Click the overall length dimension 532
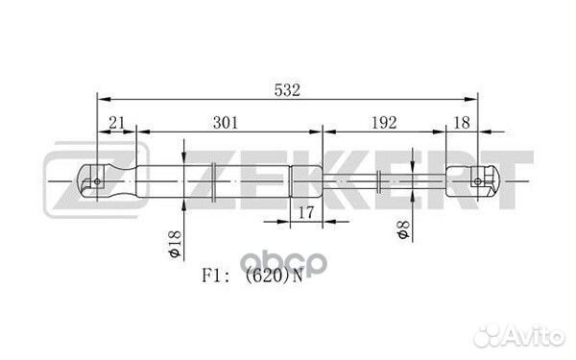coord(287,90)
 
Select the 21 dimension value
coord(117,122)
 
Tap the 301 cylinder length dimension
coord(226,122)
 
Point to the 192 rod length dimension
coord(384,122)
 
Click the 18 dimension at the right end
coord(462,122)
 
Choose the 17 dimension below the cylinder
coord(306,212)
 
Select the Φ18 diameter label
coord(175,244)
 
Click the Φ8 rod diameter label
coord(403,229)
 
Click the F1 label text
coord(212,276)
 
